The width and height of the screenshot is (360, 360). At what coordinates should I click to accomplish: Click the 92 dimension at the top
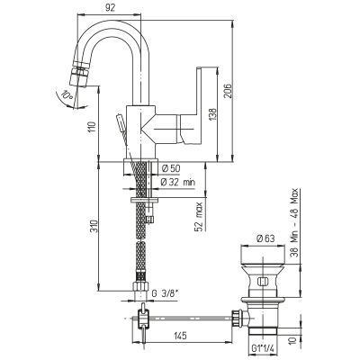(111, 8)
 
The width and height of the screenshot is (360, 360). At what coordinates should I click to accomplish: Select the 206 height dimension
(228, 91)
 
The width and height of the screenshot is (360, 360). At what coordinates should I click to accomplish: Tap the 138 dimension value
(212, 115)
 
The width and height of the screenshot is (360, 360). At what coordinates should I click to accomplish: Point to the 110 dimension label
(93, 127)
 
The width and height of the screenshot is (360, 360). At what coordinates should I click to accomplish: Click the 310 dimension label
(94, 227)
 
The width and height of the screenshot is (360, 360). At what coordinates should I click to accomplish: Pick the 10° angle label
(67, 95)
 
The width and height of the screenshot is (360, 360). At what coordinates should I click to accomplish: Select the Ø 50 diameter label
(171, 169)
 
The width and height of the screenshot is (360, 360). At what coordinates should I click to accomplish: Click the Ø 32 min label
(178, 182)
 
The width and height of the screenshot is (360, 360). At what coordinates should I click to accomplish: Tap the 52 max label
(199, 216)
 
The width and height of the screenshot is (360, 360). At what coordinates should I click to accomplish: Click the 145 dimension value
(180, 336)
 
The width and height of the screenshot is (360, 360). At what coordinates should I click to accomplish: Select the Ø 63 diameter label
(265, 238)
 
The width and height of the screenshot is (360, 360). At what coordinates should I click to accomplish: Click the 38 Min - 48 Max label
(295, 222)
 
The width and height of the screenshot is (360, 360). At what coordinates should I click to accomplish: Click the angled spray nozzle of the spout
(79, 77)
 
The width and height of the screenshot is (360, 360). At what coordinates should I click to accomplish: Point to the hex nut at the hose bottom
(140, 285)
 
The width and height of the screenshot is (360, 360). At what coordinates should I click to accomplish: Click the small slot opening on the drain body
(263, 282)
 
